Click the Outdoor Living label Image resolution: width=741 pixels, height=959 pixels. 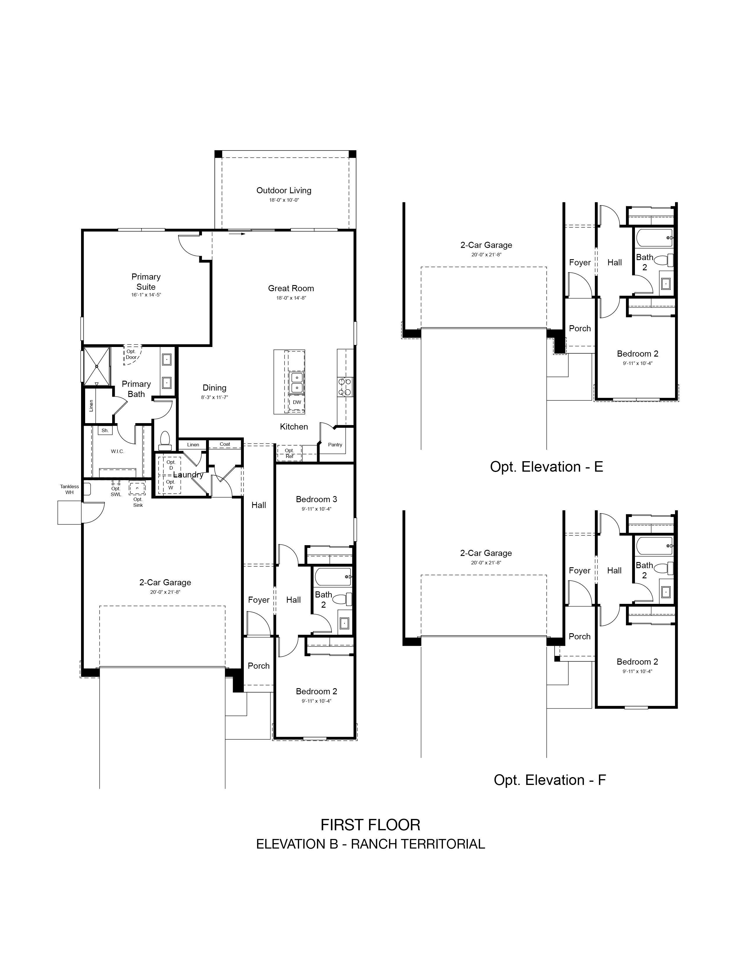[284, 191]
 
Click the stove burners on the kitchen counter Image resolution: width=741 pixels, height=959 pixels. [345, 387]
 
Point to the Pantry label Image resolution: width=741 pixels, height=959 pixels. [335, 445]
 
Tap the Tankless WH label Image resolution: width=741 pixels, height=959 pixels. [69, 490]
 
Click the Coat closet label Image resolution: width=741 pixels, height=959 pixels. [225, 444]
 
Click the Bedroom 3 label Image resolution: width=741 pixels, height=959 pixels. [316, 499]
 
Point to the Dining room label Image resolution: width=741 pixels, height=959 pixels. [215, 388]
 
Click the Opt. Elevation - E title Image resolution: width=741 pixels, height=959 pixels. [547, 467]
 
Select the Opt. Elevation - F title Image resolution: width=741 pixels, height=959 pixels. [550, 780]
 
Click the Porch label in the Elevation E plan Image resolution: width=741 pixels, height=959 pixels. [580, 328]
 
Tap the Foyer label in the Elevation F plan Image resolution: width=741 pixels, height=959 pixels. [579, 571]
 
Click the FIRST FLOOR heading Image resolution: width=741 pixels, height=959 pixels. [370, 825]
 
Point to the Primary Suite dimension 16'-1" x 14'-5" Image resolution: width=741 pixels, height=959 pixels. [146, 295]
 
